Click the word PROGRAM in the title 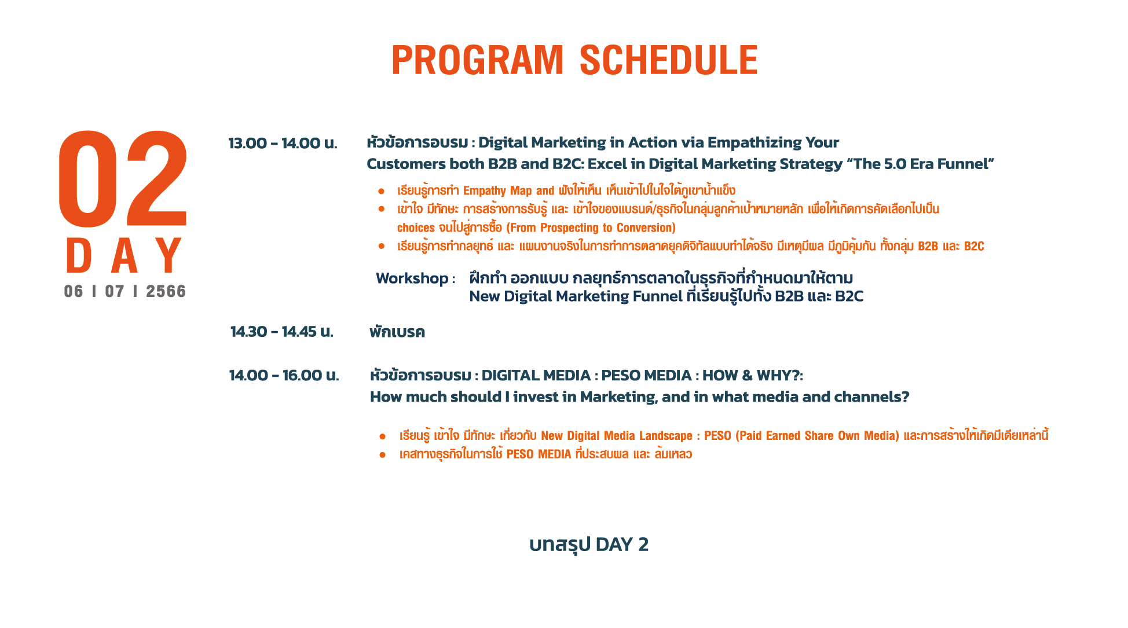(477, 60)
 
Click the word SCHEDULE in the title (668, 60)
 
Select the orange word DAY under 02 (124, 255)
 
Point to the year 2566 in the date (166, 291)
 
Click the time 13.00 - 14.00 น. (283, 143)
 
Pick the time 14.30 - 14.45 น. (282, 332)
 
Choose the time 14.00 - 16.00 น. (284, 376)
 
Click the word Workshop (412, 278)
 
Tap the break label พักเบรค (397, 332)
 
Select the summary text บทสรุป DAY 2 (589, 545)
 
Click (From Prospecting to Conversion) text (591, 228)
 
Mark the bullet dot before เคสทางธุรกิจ (382, 455)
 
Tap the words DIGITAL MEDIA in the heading (536, 376)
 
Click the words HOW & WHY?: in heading (753, 376)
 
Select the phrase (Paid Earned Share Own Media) (817, 436)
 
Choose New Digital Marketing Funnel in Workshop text (576, 296)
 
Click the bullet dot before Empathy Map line (381, 191)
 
